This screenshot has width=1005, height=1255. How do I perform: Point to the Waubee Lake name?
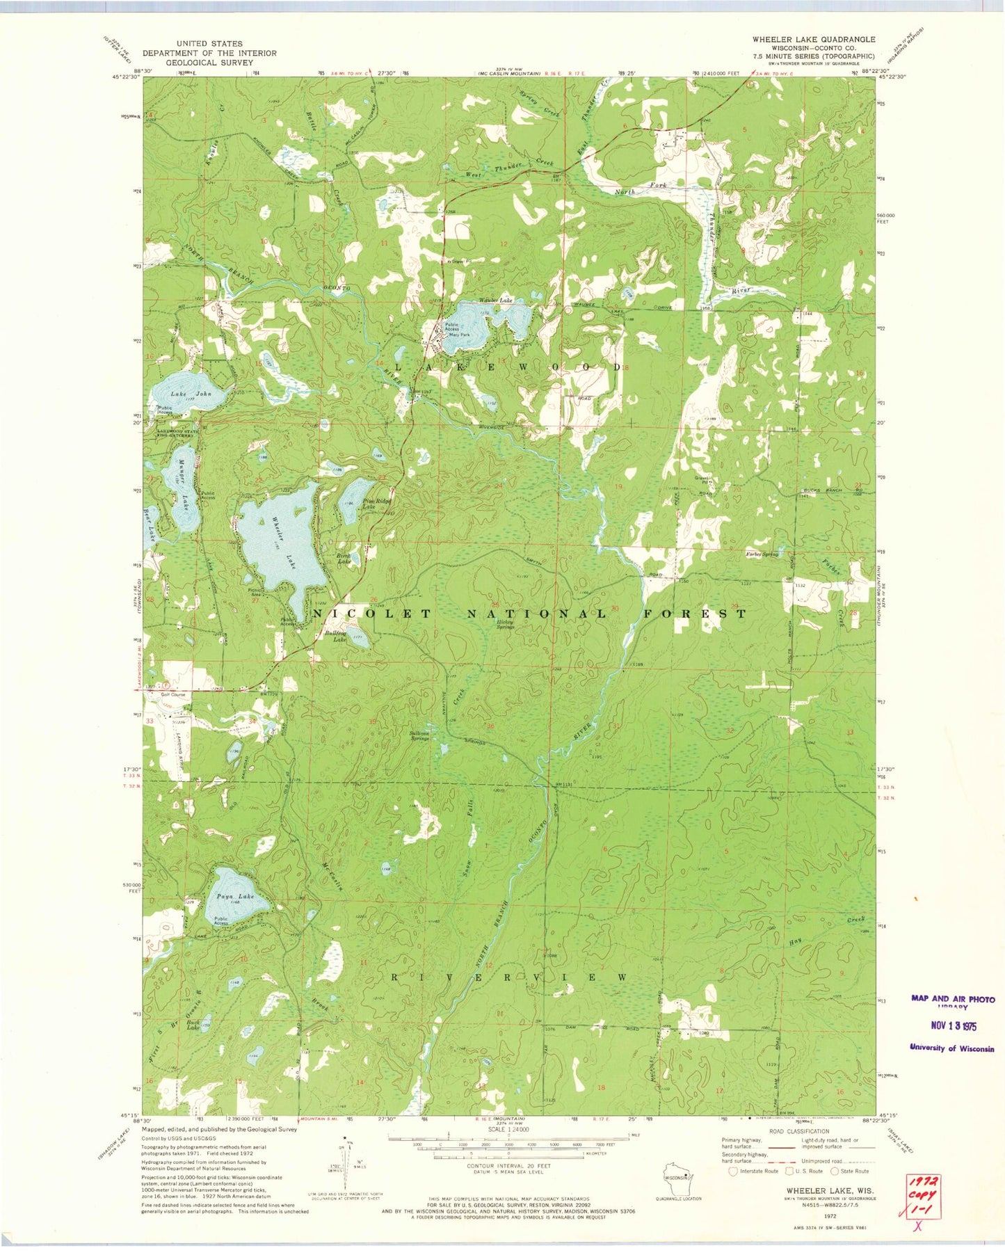[495, 301]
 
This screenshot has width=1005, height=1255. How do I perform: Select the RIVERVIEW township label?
[508, 977]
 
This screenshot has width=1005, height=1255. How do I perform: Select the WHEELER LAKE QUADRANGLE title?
[813, 40]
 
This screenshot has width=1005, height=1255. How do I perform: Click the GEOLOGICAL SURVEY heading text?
[209, 62]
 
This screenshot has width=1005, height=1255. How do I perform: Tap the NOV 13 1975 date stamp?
[954, 1025]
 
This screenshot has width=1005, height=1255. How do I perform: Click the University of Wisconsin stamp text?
[952, 1048]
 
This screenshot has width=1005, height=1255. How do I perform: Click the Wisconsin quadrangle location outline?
[677, 1177]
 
